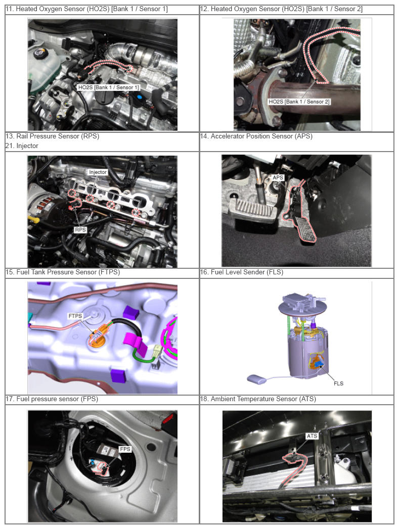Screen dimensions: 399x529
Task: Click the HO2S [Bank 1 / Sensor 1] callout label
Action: click(108, 87)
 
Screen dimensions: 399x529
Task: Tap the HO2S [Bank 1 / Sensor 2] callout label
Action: click(299, 102)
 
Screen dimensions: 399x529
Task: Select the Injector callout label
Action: click(98, 172)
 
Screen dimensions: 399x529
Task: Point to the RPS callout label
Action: click(80, 230)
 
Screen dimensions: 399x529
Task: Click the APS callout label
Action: click(278, 177)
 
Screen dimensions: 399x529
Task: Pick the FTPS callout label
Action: click(75, 316)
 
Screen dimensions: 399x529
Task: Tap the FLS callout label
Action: click(338, 383)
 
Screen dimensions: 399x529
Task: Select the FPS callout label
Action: click(125, 449)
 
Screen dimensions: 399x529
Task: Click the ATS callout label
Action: click(312, 436)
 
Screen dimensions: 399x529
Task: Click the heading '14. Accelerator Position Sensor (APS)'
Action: click(256, 136)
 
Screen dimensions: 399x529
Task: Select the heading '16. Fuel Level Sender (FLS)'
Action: click(242, 272)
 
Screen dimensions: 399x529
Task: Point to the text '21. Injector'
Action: click(22, 146)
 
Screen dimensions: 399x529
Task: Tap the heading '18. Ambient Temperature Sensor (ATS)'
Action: click(258, 399)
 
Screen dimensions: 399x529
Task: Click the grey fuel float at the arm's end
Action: click(256, 379)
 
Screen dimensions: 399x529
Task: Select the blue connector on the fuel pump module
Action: click(318, 364)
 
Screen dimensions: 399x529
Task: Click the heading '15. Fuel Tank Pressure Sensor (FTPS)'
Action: click(62, 272)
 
